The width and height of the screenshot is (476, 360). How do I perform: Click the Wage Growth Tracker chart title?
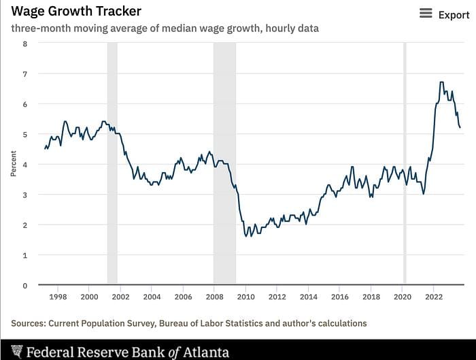(76, 12)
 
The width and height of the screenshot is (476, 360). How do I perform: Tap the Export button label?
(454, 14)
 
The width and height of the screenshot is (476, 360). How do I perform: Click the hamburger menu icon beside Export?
(426, 14)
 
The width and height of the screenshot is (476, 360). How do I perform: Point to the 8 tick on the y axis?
(25, 44)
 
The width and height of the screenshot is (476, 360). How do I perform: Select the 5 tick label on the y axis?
(25, 135)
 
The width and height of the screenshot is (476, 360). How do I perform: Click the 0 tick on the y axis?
(25, 286)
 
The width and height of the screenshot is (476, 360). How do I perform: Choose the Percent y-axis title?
(13, 165)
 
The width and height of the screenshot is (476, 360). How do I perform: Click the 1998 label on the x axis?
(58, 297)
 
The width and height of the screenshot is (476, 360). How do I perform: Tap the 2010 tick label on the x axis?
(245, 297)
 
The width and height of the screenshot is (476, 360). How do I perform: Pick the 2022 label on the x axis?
(434, 297)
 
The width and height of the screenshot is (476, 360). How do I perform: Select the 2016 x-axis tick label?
(340, 297)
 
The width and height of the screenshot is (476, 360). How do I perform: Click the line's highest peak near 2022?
(442, 82)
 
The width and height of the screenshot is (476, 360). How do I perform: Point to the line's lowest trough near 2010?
(246, 236)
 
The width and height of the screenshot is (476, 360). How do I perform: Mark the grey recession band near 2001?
(112, 163)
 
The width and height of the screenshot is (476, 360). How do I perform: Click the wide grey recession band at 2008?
(224, 163)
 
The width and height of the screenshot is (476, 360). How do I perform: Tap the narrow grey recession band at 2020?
(405, 163)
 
